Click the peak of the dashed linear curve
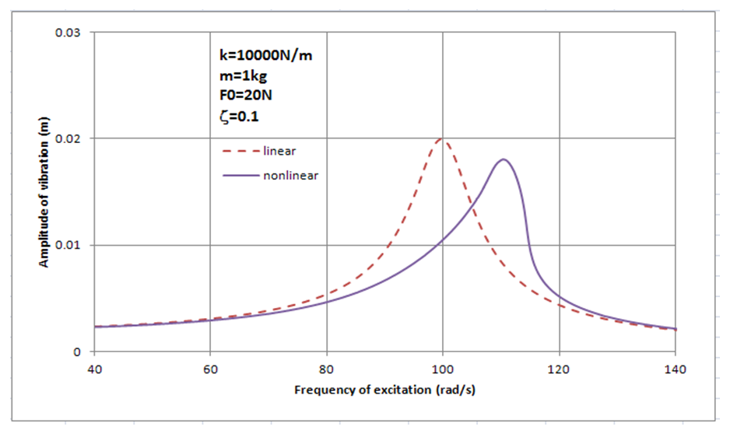[x=442, y=139]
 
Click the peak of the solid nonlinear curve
[x=504, y=159]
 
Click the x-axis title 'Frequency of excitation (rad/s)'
[x=384, y=389]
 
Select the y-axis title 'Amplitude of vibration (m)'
[x=45, y=192]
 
